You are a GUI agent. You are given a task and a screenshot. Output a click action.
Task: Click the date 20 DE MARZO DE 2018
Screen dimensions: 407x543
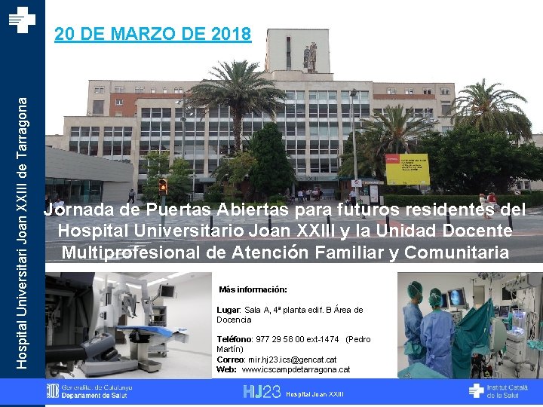153,35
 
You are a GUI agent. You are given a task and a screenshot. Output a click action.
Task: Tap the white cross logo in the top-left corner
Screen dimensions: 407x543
22,19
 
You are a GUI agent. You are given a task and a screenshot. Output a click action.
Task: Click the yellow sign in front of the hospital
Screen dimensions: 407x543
406,169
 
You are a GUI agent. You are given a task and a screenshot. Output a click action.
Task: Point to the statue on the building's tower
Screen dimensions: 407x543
308,56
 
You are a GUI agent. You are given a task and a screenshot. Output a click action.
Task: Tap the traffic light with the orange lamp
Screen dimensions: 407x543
162,186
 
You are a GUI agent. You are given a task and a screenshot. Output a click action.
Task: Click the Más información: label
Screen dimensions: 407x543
253,289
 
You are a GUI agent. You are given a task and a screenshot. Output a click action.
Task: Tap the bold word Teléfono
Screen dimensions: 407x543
233,339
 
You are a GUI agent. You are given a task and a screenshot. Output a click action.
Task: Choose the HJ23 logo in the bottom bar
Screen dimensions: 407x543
261,391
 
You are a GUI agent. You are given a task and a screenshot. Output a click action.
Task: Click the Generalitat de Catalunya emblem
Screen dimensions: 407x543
52,390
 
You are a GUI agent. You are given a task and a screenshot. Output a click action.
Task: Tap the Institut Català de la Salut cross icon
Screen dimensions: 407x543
475,390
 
